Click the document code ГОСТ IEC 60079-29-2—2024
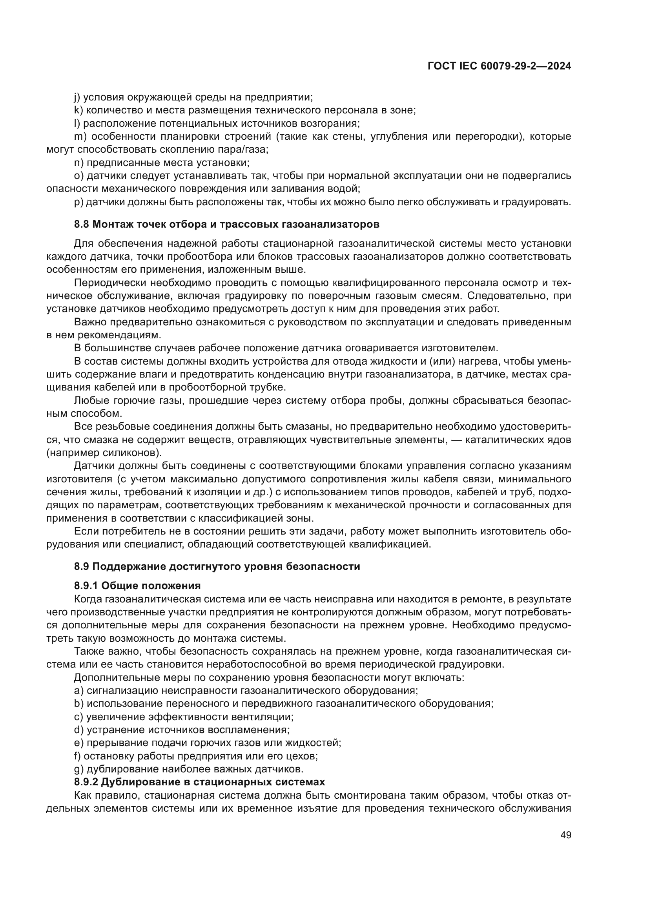[499, 66]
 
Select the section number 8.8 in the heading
[82, 224]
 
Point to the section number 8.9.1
[86, 586]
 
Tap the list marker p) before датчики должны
[78, 202]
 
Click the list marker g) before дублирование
[78, 769]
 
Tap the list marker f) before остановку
[78, 756]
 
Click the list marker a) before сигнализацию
[78, 690]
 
